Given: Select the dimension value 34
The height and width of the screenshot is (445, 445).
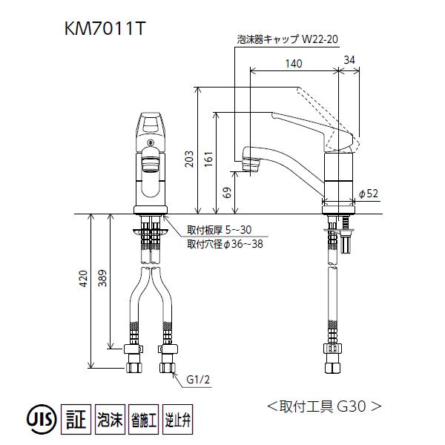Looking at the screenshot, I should [x=350, y=60].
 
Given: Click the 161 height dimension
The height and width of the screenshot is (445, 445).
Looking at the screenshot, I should [x=208, y=157].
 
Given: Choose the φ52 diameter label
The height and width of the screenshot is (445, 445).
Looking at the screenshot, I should [x=369, y=194].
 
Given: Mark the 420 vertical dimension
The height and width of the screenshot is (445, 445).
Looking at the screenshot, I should [x=84, y=279].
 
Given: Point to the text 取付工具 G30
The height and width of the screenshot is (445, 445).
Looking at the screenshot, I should [x=324, y=406].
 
